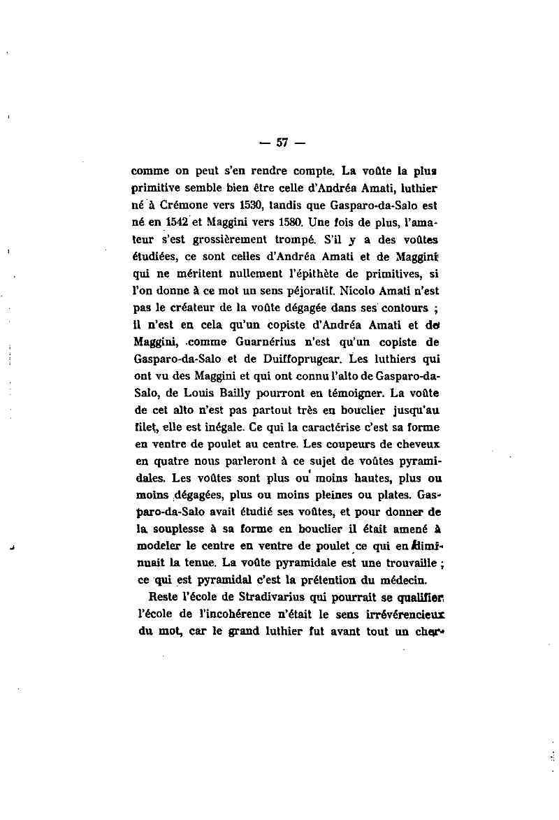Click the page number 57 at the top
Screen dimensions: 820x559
[x=282, y=143]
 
